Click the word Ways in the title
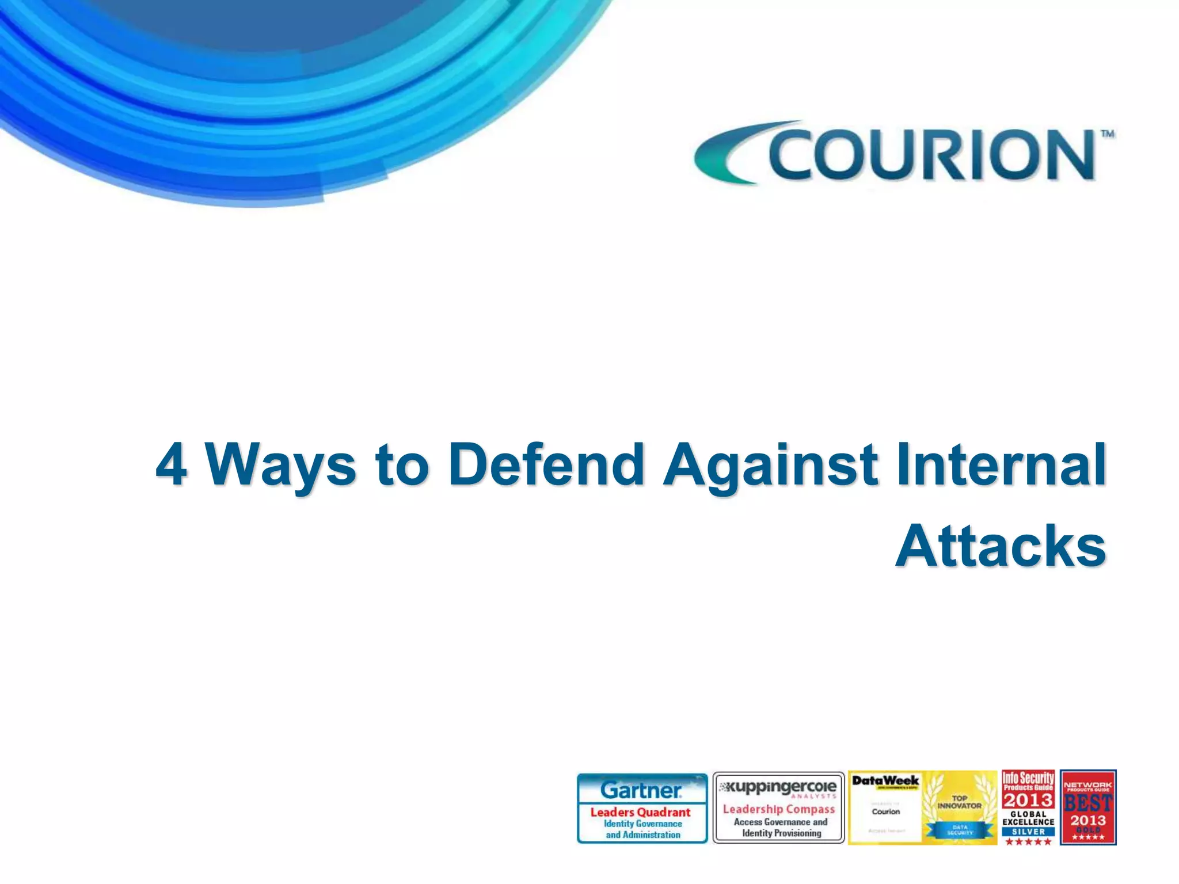pyautogui.click(x=281, y=464)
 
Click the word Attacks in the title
pyautogui.click(x=1001, y=547)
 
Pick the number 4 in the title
pyautogui.click(x=171, y=464)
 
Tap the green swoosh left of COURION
pyautogui.click(x=728, y=153)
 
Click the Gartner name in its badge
pyautogui.click(x=641, y=790)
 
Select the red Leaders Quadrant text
pyautogui.click(x=640, y=812)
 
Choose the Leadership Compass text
pyautogui.click(x=778, y=809)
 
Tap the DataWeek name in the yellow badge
pyautogui.click(x=885, y=781)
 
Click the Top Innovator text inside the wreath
pyautogui.click(x=959, y=802)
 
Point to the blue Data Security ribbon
pyautogui.click(x=960, y=830)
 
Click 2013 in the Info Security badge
pyautogui.click(x=1028, y=800)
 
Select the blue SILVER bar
pyautogui.click(x=1028, y=832)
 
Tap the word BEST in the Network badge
pyautogui.click(x=1088, y=803)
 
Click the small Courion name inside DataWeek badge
pyautogui.click(x=885, y=811)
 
